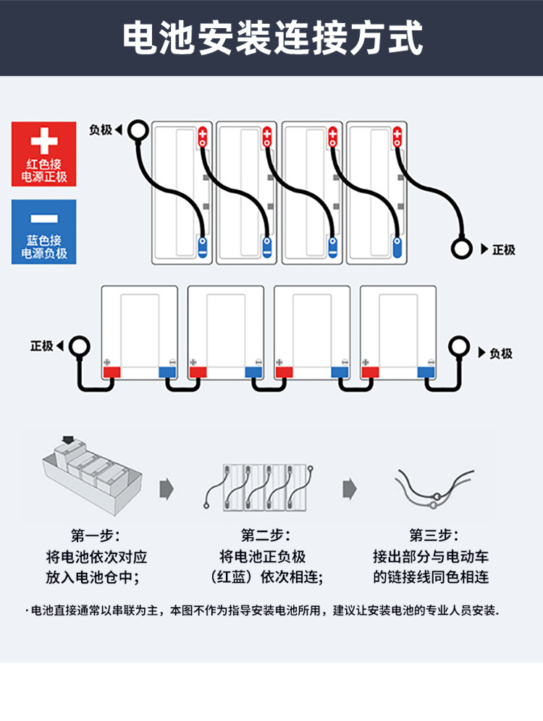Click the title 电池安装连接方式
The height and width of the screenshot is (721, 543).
pyautogui.click(x=271, y=38)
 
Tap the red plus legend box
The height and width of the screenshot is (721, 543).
pyautogui.click(x=44, y=154)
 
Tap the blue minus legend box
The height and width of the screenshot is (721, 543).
pyautogui.click(x=44, y=231)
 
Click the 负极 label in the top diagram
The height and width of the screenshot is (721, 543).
pyautogui.click(x=101, y=130)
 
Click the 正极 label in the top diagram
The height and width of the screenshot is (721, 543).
pyautogui.click(x=503, y=249)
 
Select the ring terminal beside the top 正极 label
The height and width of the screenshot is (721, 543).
pyautogui.click(x=461, y=249)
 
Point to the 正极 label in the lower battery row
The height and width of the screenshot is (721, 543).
pyautogui.click(x=42, y=346)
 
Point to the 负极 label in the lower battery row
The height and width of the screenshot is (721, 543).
pyautogui.click(x=500, y=354)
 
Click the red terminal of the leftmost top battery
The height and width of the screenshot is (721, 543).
pyautogui.click(x=203, y=137)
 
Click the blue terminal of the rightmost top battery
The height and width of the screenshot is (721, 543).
pyautogui.click(x=397, y=246)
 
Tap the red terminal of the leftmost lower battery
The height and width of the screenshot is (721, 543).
pyautogui.click(x=111, y=372)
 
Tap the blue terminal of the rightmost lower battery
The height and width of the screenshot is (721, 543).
pyautogui.click(x=426, y=372)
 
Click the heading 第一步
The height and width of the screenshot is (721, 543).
pyautogui.click(x=96, y=536)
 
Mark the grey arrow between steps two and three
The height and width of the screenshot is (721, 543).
pyautogui.click(x=350, y=488)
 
